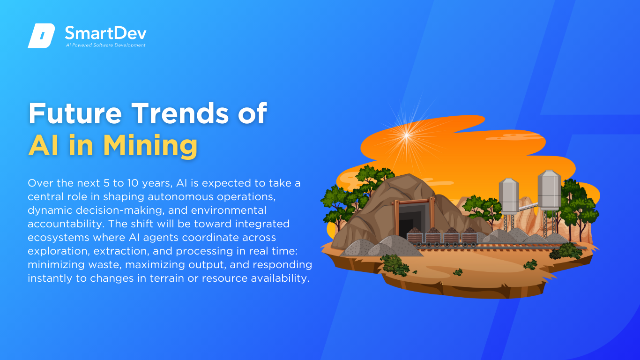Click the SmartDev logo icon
(41, 36)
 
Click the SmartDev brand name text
(105, 33)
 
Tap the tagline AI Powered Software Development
(105, 45)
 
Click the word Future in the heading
(75, 113)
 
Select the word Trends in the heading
(180, 113)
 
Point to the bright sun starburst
(407, 135)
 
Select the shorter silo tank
(508, 195)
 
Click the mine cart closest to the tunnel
(415, 237)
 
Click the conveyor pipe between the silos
(528, 206)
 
